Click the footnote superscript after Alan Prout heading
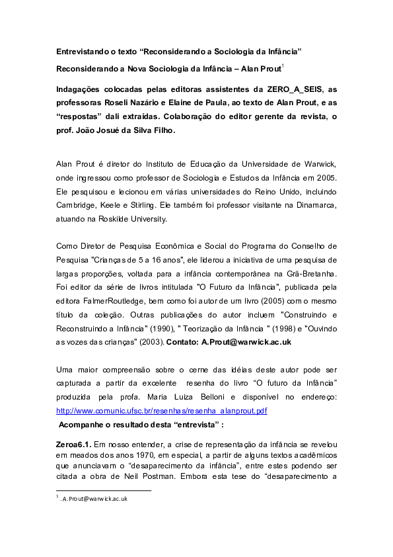pos(283,65)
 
